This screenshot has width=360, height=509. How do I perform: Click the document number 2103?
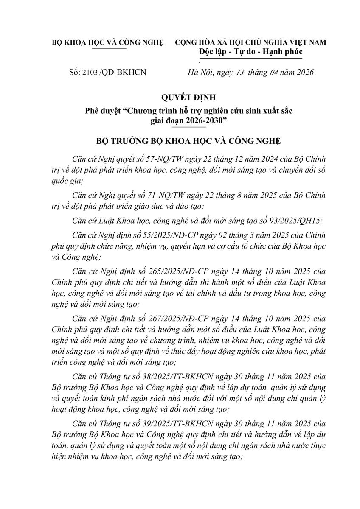click(x=89, y=72)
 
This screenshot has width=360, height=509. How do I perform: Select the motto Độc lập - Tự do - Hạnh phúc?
click(x=250, y=52)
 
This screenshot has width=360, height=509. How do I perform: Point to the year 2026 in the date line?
click(x=302, y=72)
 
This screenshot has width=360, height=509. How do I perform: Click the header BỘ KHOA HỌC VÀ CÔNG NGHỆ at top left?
click(x=107, y=42)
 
